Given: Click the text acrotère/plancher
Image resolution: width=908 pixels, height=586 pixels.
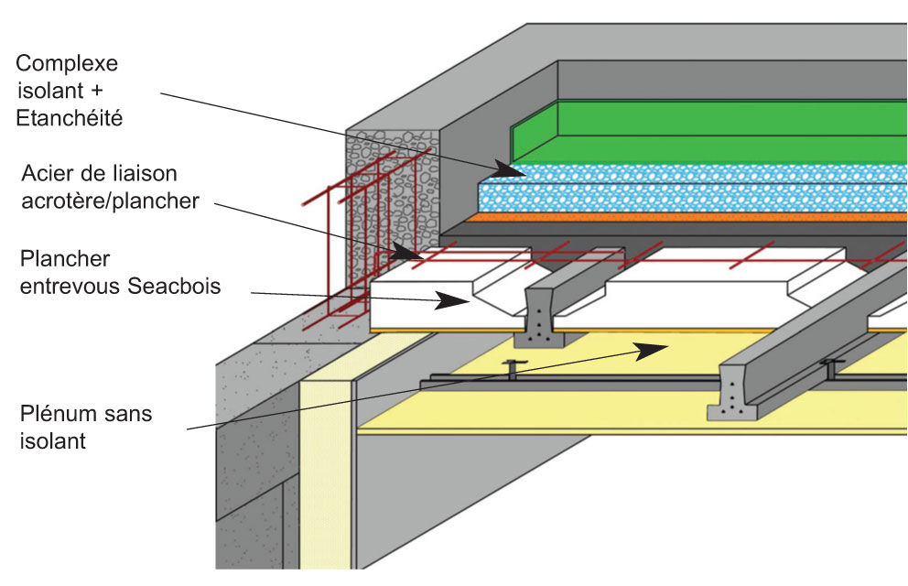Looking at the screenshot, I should (x=107, y=201).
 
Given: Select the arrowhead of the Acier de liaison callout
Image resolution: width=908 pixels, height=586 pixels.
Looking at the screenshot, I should (x=406, y=250).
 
